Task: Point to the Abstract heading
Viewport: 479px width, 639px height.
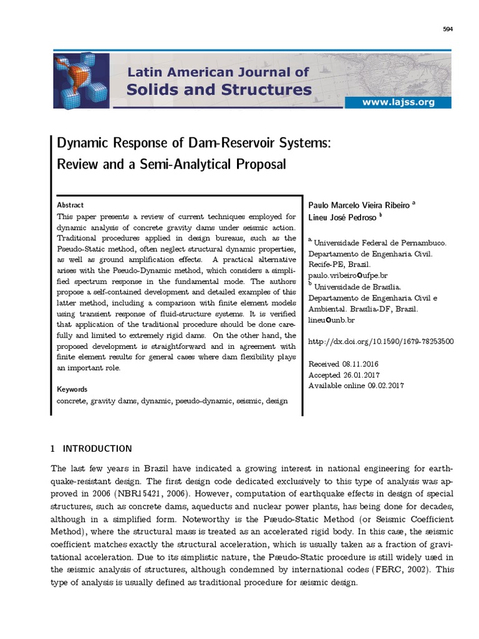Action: click(70, 205)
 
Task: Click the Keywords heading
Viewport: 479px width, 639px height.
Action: click(72, 389)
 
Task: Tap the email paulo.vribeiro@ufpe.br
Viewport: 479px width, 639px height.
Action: click(348, 275)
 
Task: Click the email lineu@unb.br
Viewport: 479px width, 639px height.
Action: click(332, 320)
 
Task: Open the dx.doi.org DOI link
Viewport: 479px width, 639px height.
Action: click(381, 341)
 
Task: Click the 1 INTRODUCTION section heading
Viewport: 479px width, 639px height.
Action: click(91, 448)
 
